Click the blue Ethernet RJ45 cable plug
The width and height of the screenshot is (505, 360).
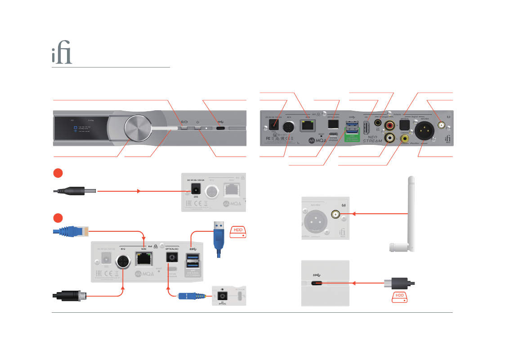(72, 232)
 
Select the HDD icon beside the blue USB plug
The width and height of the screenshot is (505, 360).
(239, 231)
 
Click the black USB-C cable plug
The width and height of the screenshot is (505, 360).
(399, 283)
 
